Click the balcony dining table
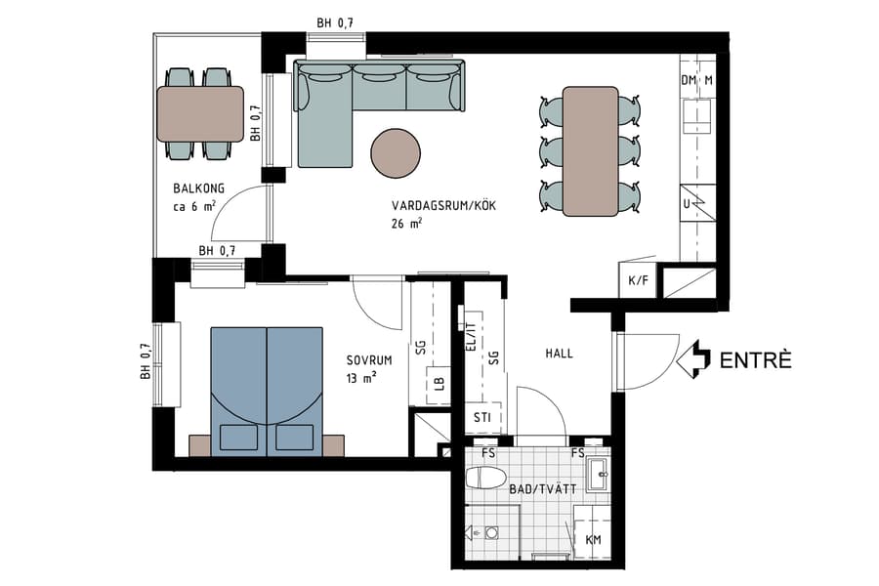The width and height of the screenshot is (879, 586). pos(200,113)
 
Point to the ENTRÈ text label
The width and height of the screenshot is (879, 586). pos(755,359)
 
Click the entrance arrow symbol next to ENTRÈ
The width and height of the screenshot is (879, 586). pos(692,359)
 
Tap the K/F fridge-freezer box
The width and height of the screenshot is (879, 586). pos(638,281)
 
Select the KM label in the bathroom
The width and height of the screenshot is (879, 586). pos(593,540)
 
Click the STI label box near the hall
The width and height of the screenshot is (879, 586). pos(481,419)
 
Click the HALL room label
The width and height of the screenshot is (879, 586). pos(560,356)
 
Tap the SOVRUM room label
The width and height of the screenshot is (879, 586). pos(369,359)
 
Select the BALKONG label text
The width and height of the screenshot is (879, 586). pos(199,188)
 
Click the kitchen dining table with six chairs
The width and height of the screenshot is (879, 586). pos(591,150)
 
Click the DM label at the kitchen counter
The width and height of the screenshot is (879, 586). pos(688,80)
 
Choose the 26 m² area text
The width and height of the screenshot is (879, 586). pos(405,224)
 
